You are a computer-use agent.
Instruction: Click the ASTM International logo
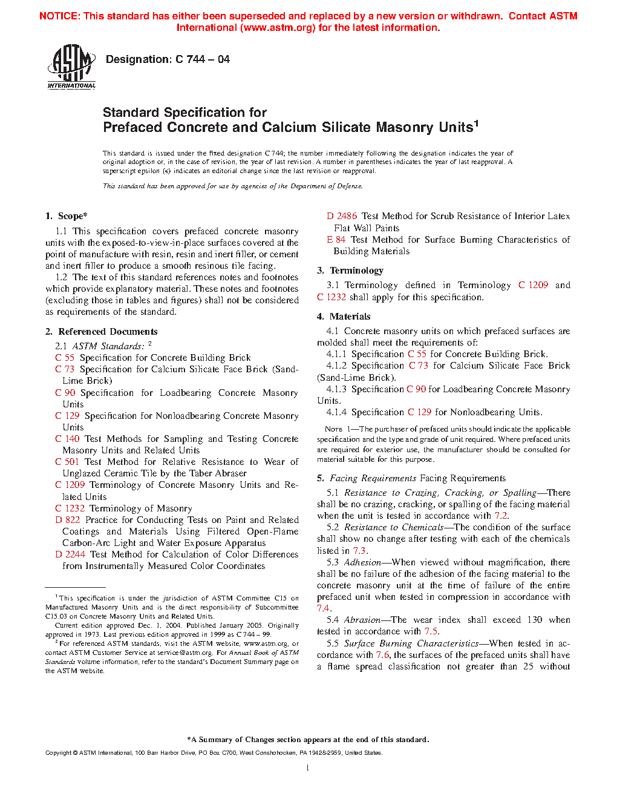click(x=71, y=67)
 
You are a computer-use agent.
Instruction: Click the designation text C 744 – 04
click(x=168, y=59)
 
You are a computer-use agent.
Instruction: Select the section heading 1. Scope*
click(x=67, y=216)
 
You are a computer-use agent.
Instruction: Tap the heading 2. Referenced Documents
click(x=102, y=332)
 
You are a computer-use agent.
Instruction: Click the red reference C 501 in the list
click(x=67, y=462)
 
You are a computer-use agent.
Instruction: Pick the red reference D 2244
click(x=70, y=554)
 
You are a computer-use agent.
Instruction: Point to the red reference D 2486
click(x=342, y=216)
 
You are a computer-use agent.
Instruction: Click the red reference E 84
click(x=336, y=240)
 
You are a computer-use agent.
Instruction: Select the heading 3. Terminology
click(x=350, y=271)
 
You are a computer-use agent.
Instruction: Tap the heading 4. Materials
click(x=344, y=317)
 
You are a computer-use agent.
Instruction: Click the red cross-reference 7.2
click(x=501, y=516)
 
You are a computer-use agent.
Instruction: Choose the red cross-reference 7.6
click(x=382, y=655)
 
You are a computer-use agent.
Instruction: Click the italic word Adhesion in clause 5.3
click(x=362, y=562)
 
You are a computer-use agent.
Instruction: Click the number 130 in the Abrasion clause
click(x=535, y=620)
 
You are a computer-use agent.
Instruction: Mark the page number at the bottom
click(x=308, y=768)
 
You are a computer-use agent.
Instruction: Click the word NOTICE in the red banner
click(x=59, y=16)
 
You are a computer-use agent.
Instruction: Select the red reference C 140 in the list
click(x=67, y=439)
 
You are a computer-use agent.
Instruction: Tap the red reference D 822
click(x=68, y=520)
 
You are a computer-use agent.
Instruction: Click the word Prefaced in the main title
click(x=133, y=128)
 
